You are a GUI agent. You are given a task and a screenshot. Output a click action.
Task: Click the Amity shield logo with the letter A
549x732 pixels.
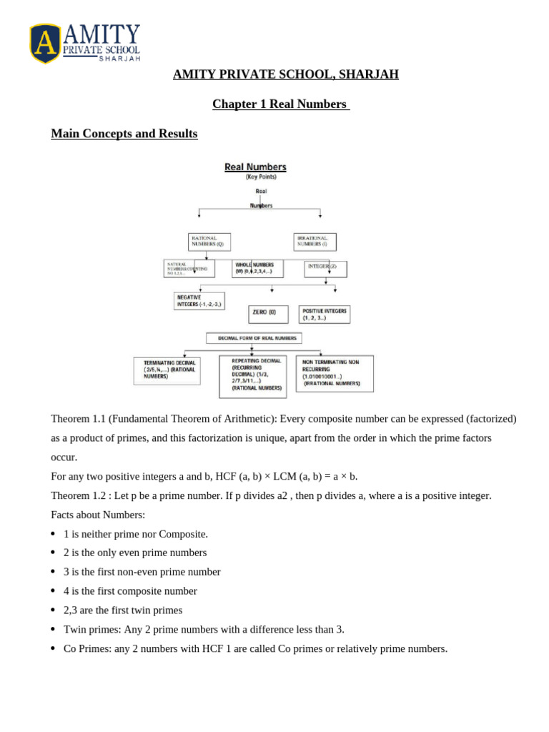pyautogui.click(x=45, y=43)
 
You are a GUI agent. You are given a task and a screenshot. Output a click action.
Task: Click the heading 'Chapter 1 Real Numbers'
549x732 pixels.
pyautogui.click(x=280, y=104)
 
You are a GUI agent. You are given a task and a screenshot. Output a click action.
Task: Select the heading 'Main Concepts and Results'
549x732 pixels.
pyautogui.click(x=124, y=134)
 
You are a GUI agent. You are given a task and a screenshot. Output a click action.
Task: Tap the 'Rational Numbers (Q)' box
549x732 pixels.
pyautogui.click(x=209, y=241)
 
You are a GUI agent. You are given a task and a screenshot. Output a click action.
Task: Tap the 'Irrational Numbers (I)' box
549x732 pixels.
pyautogui.click(x=315, y=241)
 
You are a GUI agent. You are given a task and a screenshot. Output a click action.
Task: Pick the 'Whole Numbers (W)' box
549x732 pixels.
pyautogui.click(x=257, y=268)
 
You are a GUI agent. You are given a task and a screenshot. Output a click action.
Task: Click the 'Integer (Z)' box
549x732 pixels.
pyautogui.click(x=325, y=268)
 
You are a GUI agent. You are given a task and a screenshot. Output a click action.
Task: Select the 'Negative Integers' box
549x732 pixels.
pyautogui.click(x=199, y=300)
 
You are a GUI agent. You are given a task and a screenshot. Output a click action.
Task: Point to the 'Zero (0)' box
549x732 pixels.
pyautogui.click(x=268, y=314)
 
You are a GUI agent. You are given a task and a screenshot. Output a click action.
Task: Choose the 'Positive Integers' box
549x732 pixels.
pyautogui.click(x=325, y=314)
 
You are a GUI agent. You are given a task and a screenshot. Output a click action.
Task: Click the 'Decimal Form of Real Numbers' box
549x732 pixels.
pyautogui.click(x=254, y=338)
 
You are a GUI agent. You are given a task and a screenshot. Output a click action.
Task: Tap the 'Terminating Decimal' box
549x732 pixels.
pyautogui.click(x=167, y=370)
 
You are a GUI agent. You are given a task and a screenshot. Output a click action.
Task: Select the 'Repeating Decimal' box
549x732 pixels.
pyautogui.click(x=252, y=376)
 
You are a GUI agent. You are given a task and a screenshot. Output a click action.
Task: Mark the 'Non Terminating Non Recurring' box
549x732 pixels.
pyautogui.click(x=335, y=373)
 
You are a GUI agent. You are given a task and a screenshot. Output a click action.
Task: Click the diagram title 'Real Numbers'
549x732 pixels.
pyautogui.click(x=255, y=167)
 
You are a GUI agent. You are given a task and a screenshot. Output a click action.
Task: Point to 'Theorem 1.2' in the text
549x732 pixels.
pyautogui.click(x=78, y=495)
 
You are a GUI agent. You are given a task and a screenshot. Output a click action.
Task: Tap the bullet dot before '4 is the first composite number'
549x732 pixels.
pyautogui.click(x=53, y=591)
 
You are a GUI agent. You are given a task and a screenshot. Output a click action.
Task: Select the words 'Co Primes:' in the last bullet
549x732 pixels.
pyautogui.click(x=86, y=648)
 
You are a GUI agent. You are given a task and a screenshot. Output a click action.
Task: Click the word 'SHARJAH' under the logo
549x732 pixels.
pyautogui.click(x=119, y=59)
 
